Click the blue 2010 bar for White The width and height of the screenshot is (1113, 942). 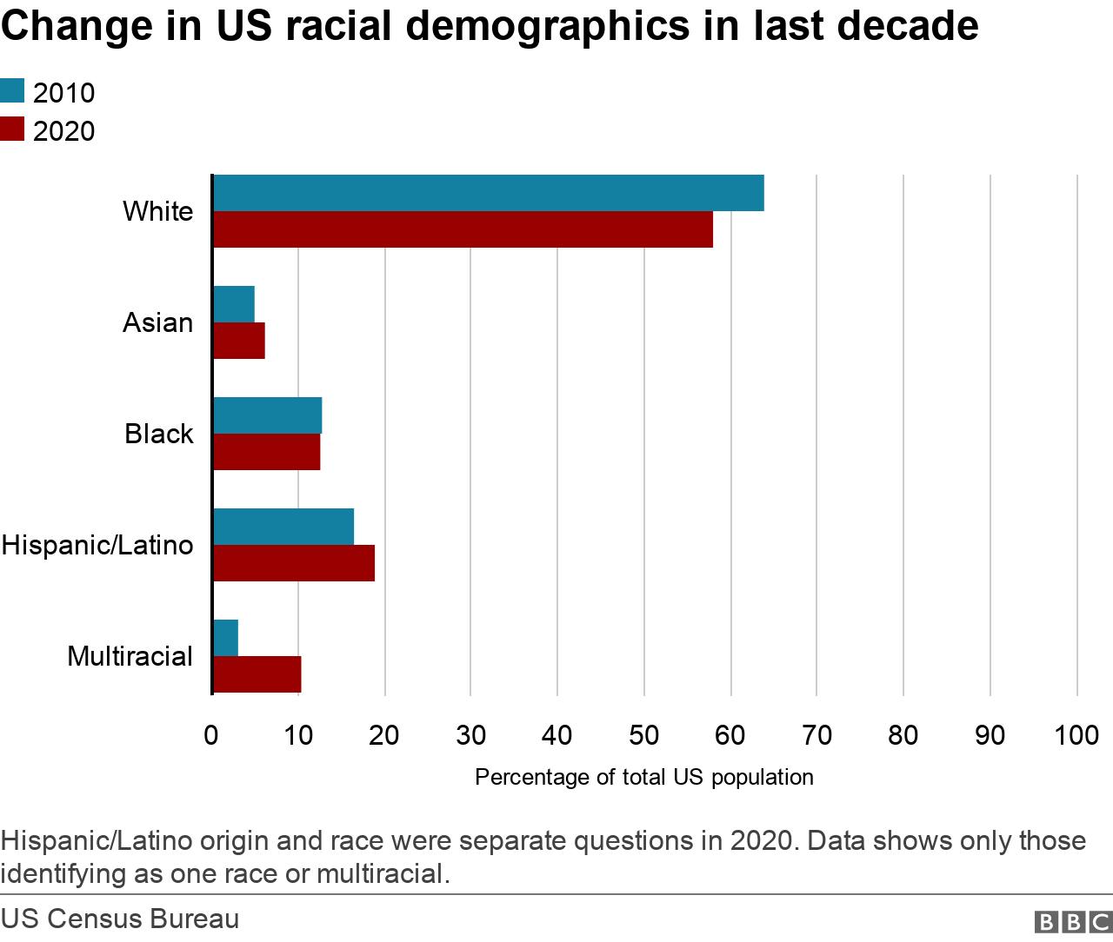(488, 193)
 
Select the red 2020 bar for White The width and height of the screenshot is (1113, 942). (463, 229)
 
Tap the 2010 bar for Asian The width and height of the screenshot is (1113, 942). (234, 304)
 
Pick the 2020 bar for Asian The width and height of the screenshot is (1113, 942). (239, 341)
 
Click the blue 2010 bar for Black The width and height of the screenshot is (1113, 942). (267, 415)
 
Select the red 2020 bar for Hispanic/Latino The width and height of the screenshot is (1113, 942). (294, 563)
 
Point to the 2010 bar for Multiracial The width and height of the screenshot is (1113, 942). (225, 638)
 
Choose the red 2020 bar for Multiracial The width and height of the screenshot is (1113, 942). (257, 674)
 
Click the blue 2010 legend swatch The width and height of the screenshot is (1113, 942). (12, 91)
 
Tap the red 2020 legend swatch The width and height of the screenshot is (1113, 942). (12, 129)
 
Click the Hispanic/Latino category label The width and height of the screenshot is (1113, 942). (97, 545)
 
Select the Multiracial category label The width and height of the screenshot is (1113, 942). (130, 656)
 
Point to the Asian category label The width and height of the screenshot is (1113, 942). (157, 322)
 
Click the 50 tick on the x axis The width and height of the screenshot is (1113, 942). (643, 735)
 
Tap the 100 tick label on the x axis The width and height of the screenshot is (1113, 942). (1076, 735)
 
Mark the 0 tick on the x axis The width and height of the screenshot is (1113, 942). (211, 735)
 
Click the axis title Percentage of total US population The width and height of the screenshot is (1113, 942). (643, 777)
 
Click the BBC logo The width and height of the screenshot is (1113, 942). (1071, 922)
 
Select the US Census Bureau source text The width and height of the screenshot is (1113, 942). (120, 919)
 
